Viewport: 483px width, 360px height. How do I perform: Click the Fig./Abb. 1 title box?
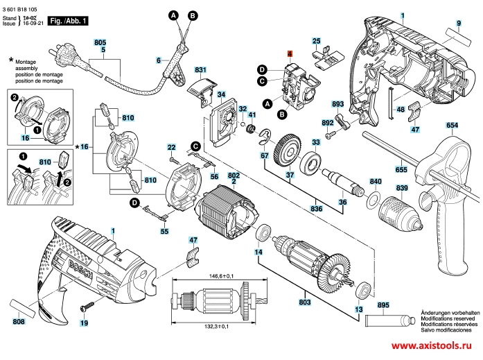pyautogui.click(x=70, y=22)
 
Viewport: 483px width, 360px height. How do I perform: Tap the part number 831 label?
pyautogui.click(x=201, y=71)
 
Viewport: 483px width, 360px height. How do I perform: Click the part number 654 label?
pyautogui.click(x=452, y=125)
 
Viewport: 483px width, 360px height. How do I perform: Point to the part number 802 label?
pyautogui.click(x=234, y=176)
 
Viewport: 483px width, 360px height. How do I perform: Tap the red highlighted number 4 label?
pyautogui.click(x=290, y=53)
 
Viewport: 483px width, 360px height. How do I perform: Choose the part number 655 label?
pyautogui.click(x=401, y=168)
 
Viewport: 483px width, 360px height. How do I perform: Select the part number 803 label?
pyautogui.click(x=304, y=303)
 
